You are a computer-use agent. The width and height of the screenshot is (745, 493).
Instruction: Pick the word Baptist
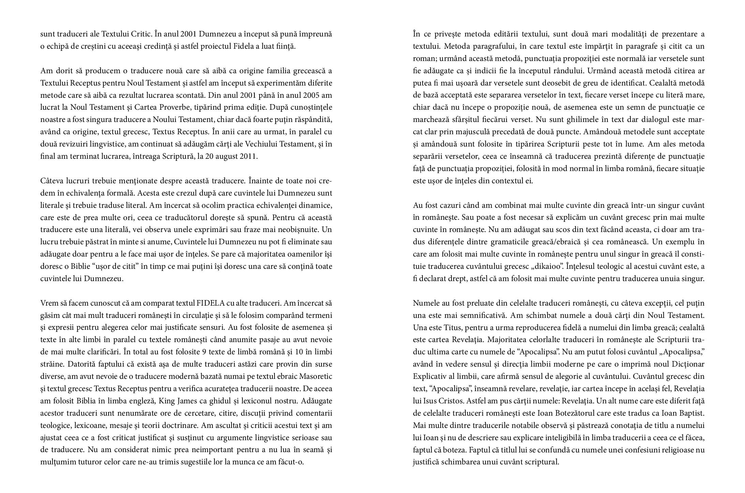coord(690,413)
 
